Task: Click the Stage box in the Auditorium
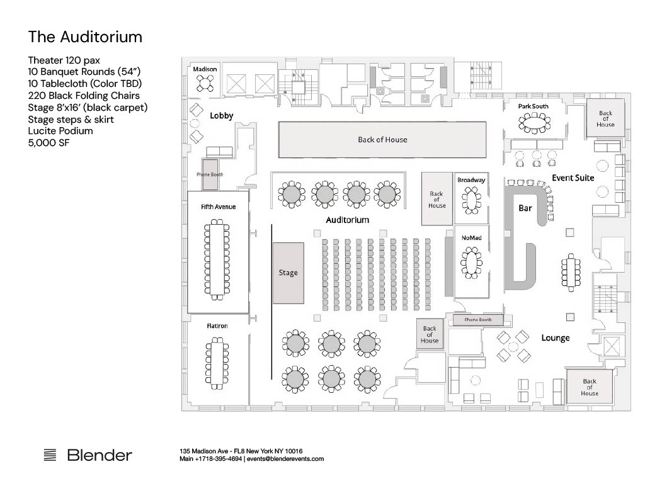(288, 273)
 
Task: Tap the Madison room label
(205, 69)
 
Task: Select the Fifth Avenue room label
(218, 207)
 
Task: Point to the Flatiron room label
(217, 325)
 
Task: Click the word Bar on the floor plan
(525, 208)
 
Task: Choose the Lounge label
(556, 338)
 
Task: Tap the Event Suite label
(573, 178)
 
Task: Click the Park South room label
(533, 106)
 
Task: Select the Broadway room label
(471, 179)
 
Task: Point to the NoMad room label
(471, 238)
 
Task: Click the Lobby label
(221, 116)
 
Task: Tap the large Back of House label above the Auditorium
(382, 139)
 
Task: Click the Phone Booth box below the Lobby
(210, 175)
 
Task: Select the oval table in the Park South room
(534, 123)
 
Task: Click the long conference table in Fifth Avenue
(216, 259)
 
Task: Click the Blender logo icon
(50, 455)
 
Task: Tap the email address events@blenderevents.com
(285, 459)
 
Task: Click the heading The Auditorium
(85, 37)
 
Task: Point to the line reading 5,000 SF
(49, 143)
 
